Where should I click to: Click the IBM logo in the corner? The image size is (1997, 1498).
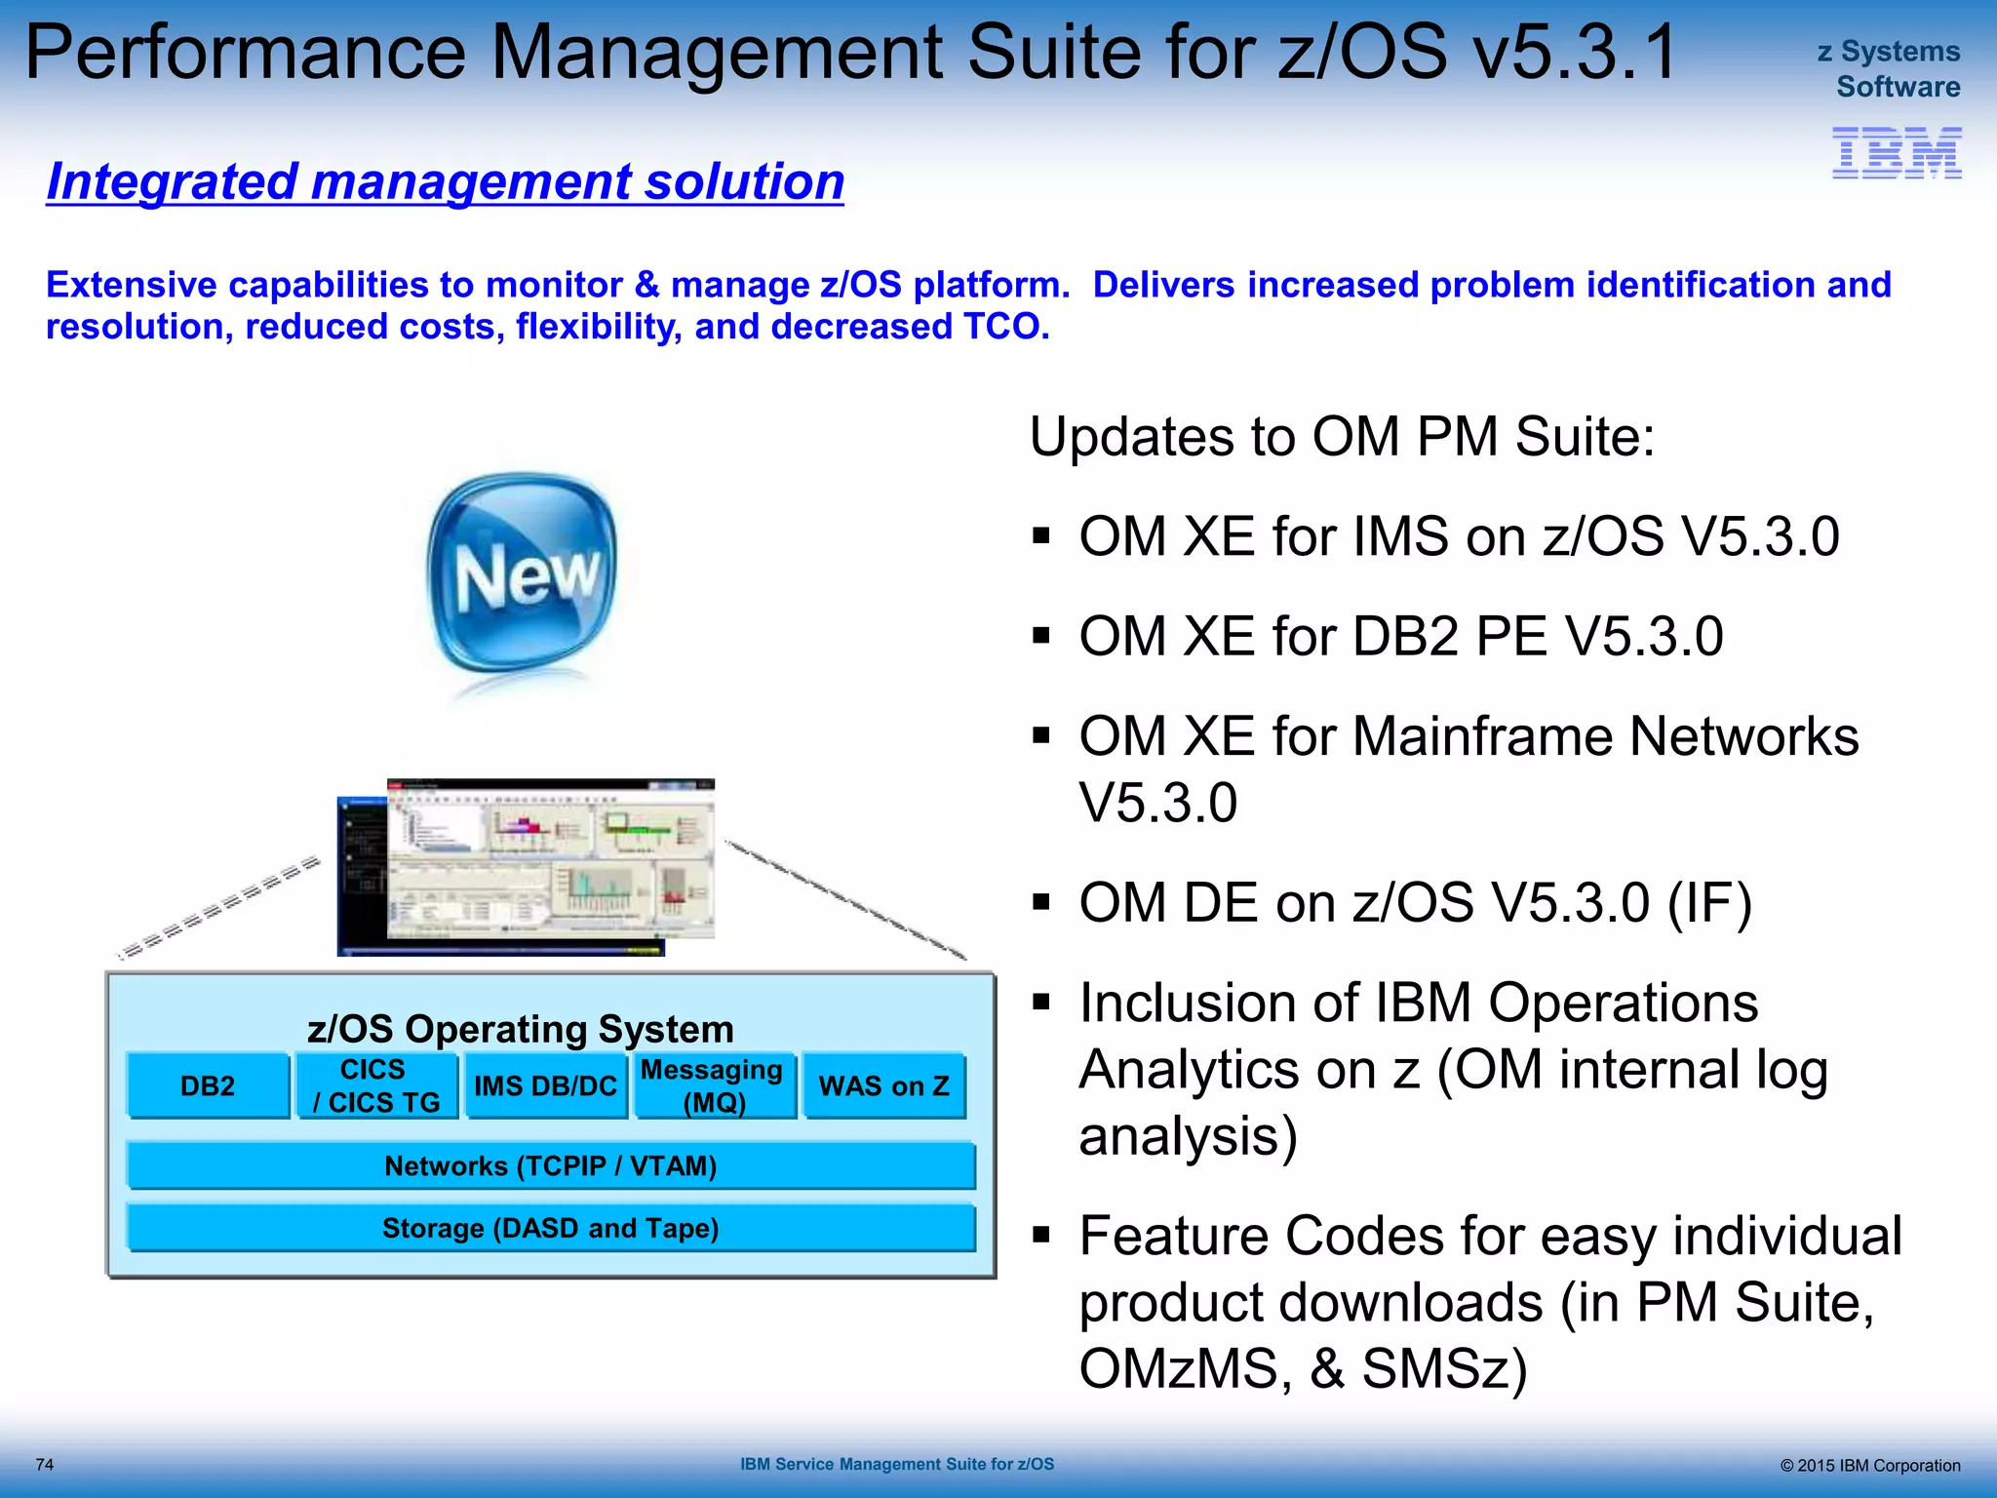[1896, 152]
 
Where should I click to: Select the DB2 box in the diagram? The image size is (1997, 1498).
[208, 1085]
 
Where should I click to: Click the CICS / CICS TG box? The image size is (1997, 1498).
[376, 1085]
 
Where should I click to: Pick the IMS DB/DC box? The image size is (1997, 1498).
[545, 1085]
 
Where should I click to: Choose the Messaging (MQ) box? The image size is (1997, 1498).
[714, 1085]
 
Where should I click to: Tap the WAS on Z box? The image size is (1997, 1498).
[883, 1085]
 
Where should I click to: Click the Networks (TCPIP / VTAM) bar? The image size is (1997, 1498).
[550, 1165]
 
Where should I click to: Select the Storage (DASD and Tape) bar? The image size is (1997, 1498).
[550, 1228]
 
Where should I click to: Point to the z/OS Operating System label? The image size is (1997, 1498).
[520, 1029]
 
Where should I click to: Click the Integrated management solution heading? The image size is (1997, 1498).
[446, 182]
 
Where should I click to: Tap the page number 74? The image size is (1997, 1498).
[45, 1464]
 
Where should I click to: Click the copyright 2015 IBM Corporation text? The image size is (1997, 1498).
[1869, 1465]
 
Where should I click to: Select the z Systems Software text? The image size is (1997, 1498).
[1890, 68]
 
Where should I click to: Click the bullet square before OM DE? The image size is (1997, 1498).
[1041, 902]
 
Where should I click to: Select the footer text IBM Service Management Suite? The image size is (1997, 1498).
[896, 1464]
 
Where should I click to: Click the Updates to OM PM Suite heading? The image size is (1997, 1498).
[1342, 436]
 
